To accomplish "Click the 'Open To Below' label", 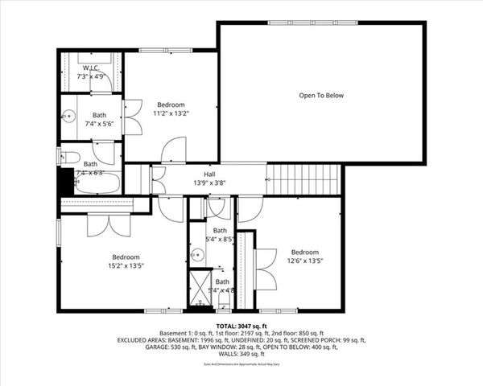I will click(321, 96).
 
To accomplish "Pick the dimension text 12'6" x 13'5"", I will click(304, 261).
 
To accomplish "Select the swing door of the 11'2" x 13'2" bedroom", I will click(173, 150).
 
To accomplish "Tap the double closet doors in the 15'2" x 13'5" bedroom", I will click(109, 225).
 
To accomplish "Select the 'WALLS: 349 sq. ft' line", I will click(241, 354).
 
